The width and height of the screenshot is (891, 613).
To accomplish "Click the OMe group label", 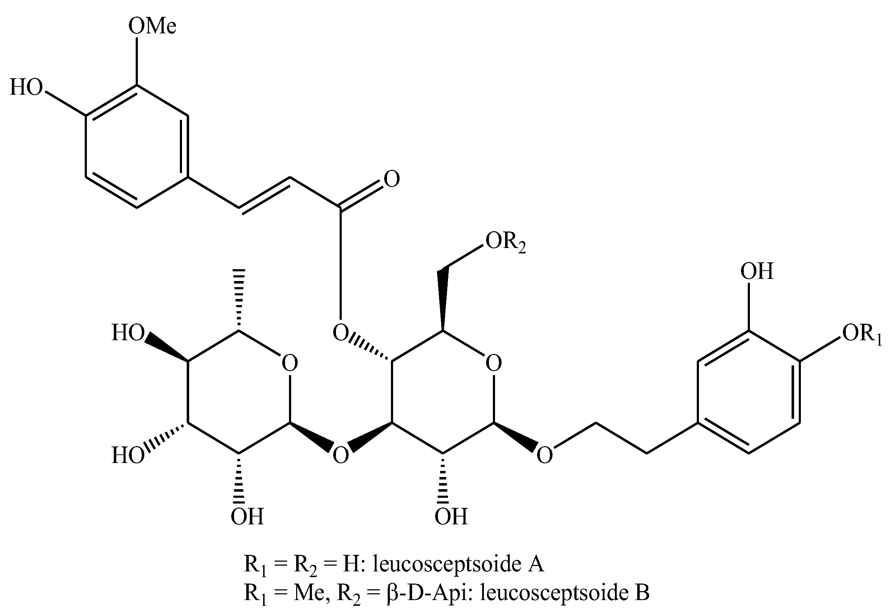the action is pyautogui.click(x=152, y=27).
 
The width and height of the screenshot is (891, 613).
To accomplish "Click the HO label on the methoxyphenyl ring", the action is pyautogui.click(x=26, y=88).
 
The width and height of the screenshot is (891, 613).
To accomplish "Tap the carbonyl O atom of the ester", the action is pyautogui.click(x=392, y=179).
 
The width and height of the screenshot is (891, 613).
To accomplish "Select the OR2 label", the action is pyautogui.click(x=505, y=243).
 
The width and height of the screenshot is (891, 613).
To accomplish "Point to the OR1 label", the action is pyautogui.click(x=862, y=333).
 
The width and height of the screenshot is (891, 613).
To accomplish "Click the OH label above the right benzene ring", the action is pyautogui.click(x=756, y=271).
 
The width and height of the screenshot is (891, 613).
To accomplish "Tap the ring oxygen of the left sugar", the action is pyautogui.click(x=289, y=363).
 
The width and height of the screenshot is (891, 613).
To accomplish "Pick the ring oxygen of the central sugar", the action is pyautogui.click(x=493, y=363).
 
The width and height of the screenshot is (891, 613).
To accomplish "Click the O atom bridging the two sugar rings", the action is pyautogui.click(x=340, y=455).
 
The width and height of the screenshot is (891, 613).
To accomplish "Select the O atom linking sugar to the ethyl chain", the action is pyautogui.click(x=545, y=455).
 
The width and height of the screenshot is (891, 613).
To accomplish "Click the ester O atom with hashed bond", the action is pyautogui.click(x=340, y=333).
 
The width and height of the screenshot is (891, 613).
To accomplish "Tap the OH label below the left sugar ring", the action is pyautogui.click(x=247, y=516).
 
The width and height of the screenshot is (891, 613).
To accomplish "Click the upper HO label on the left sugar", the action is pyautogui.click(x=128, y=333).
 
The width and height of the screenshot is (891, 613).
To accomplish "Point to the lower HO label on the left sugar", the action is pyautogui.click(x=128, y=456).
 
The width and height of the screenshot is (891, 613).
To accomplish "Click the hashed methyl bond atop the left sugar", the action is pyautogui.click(x=239, y=300).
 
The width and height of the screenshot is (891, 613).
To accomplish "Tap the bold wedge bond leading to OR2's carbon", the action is pyautogui.click(x=443, y=300).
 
